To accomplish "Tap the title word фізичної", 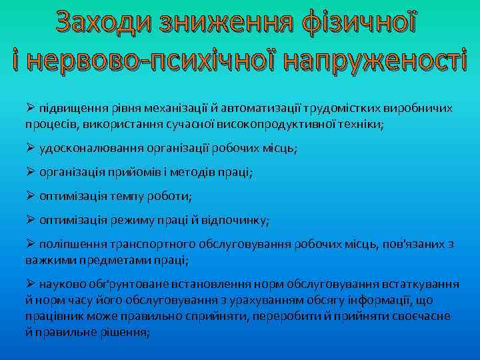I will pos(360,25).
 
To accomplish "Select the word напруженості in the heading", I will pos(375,60).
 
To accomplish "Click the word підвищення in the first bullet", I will pos(70,108).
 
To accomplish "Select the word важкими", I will pos(49,260).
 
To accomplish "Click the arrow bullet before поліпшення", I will pos(31,245).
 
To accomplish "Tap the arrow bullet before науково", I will pos(31,284).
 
